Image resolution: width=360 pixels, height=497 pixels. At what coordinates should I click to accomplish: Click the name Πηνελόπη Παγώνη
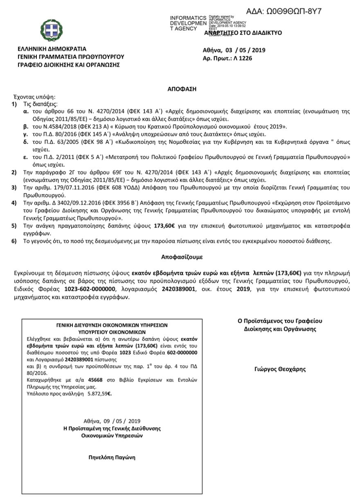[112, 457]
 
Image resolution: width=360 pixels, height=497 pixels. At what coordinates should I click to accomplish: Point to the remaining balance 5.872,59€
[99, 394]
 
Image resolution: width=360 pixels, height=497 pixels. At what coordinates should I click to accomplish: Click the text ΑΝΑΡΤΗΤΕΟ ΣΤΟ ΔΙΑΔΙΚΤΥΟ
[243, 33]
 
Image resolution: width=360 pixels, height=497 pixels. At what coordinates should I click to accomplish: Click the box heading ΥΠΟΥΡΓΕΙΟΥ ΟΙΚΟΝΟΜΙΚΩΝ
[112, 333]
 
